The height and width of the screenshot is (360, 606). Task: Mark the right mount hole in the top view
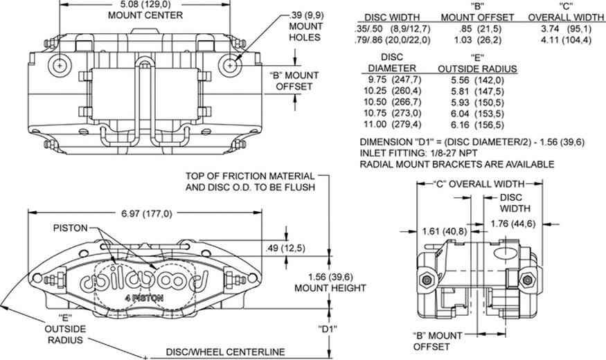pos(231,64)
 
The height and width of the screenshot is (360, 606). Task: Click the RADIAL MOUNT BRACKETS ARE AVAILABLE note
pos(457,164)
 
